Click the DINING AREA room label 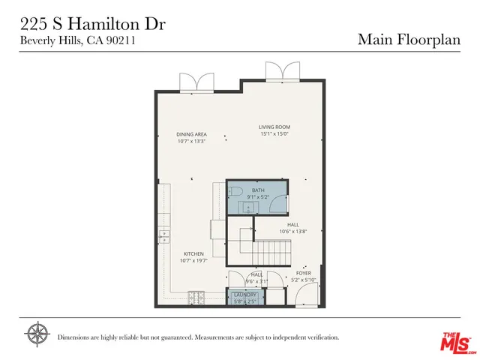(192, 134)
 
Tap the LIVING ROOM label (274, 127)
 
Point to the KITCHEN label (193, 253)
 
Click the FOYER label (303, 273)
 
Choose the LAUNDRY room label (245, 295)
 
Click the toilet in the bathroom (233, 193)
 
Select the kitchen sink (163, 238)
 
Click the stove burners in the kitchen (196, 298)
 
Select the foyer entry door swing (307, 296)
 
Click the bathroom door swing (278, 205)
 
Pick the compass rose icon (37, 334)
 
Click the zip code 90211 (120, 41)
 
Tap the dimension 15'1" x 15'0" (274, 134)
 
